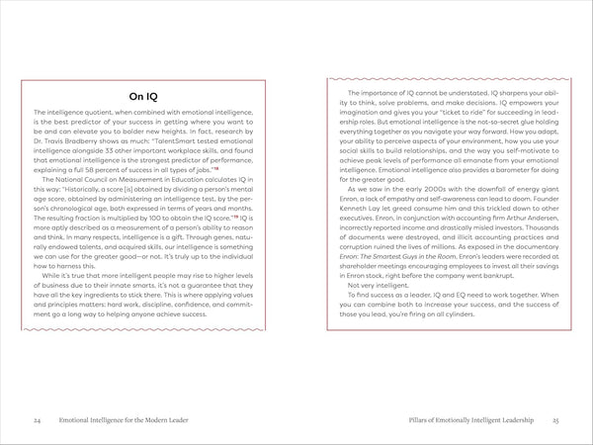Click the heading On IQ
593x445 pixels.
pos(148,96)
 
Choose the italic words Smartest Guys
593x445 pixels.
pos(389,265)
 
